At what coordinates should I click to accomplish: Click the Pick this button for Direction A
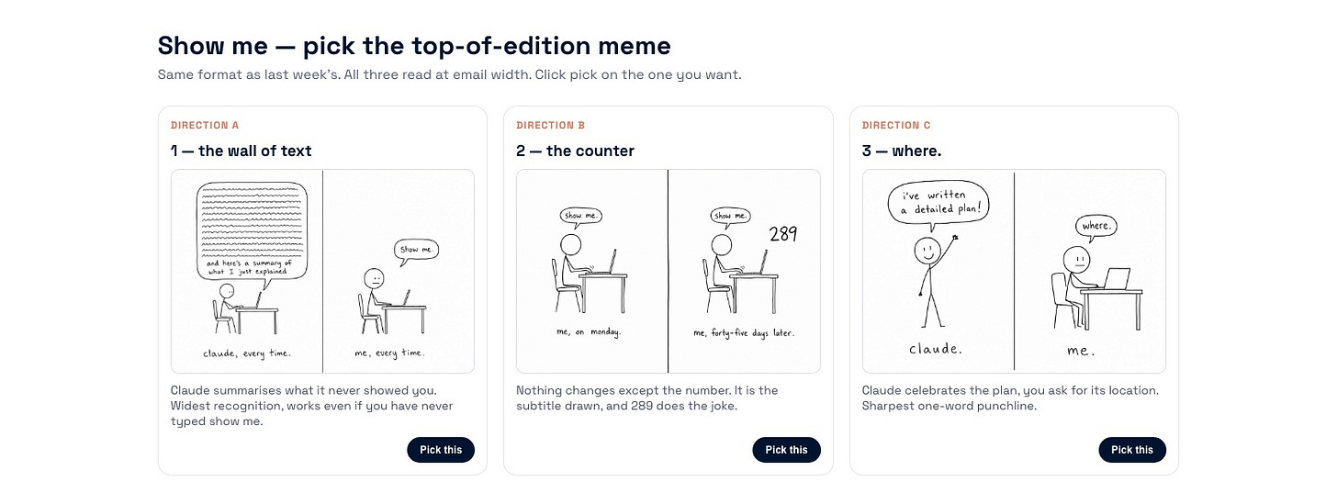click(441, 450)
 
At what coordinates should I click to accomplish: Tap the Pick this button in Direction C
click(1131, 450)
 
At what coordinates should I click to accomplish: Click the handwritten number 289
click(783, 234)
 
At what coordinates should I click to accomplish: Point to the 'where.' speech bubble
click(1095, 227)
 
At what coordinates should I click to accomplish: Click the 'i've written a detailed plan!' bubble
click(938, 203)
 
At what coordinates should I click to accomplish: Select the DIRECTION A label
click(204, 126)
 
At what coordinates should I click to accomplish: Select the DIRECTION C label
click(896, 126)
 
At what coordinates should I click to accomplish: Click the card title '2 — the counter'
click(575, 151)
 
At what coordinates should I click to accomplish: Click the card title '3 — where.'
click(902, 151)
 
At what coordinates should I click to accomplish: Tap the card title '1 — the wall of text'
click(242, 151)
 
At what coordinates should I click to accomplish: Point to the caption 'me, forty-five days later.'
click(744, 333)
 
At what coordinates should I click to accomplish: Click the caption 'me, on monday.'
click(589, 331)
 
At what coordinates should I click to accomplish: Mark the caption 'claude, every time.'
click(246, 353)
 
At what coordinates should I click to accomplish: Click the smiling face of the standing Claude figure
click(927, 251)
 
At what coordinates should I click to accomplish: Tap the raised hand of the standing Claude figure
click(955, 238)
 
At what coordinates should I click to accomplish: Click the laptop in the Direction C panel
click(1117, 279)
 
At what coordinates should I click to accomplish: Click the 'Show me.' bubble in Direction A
click(416, 250)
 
